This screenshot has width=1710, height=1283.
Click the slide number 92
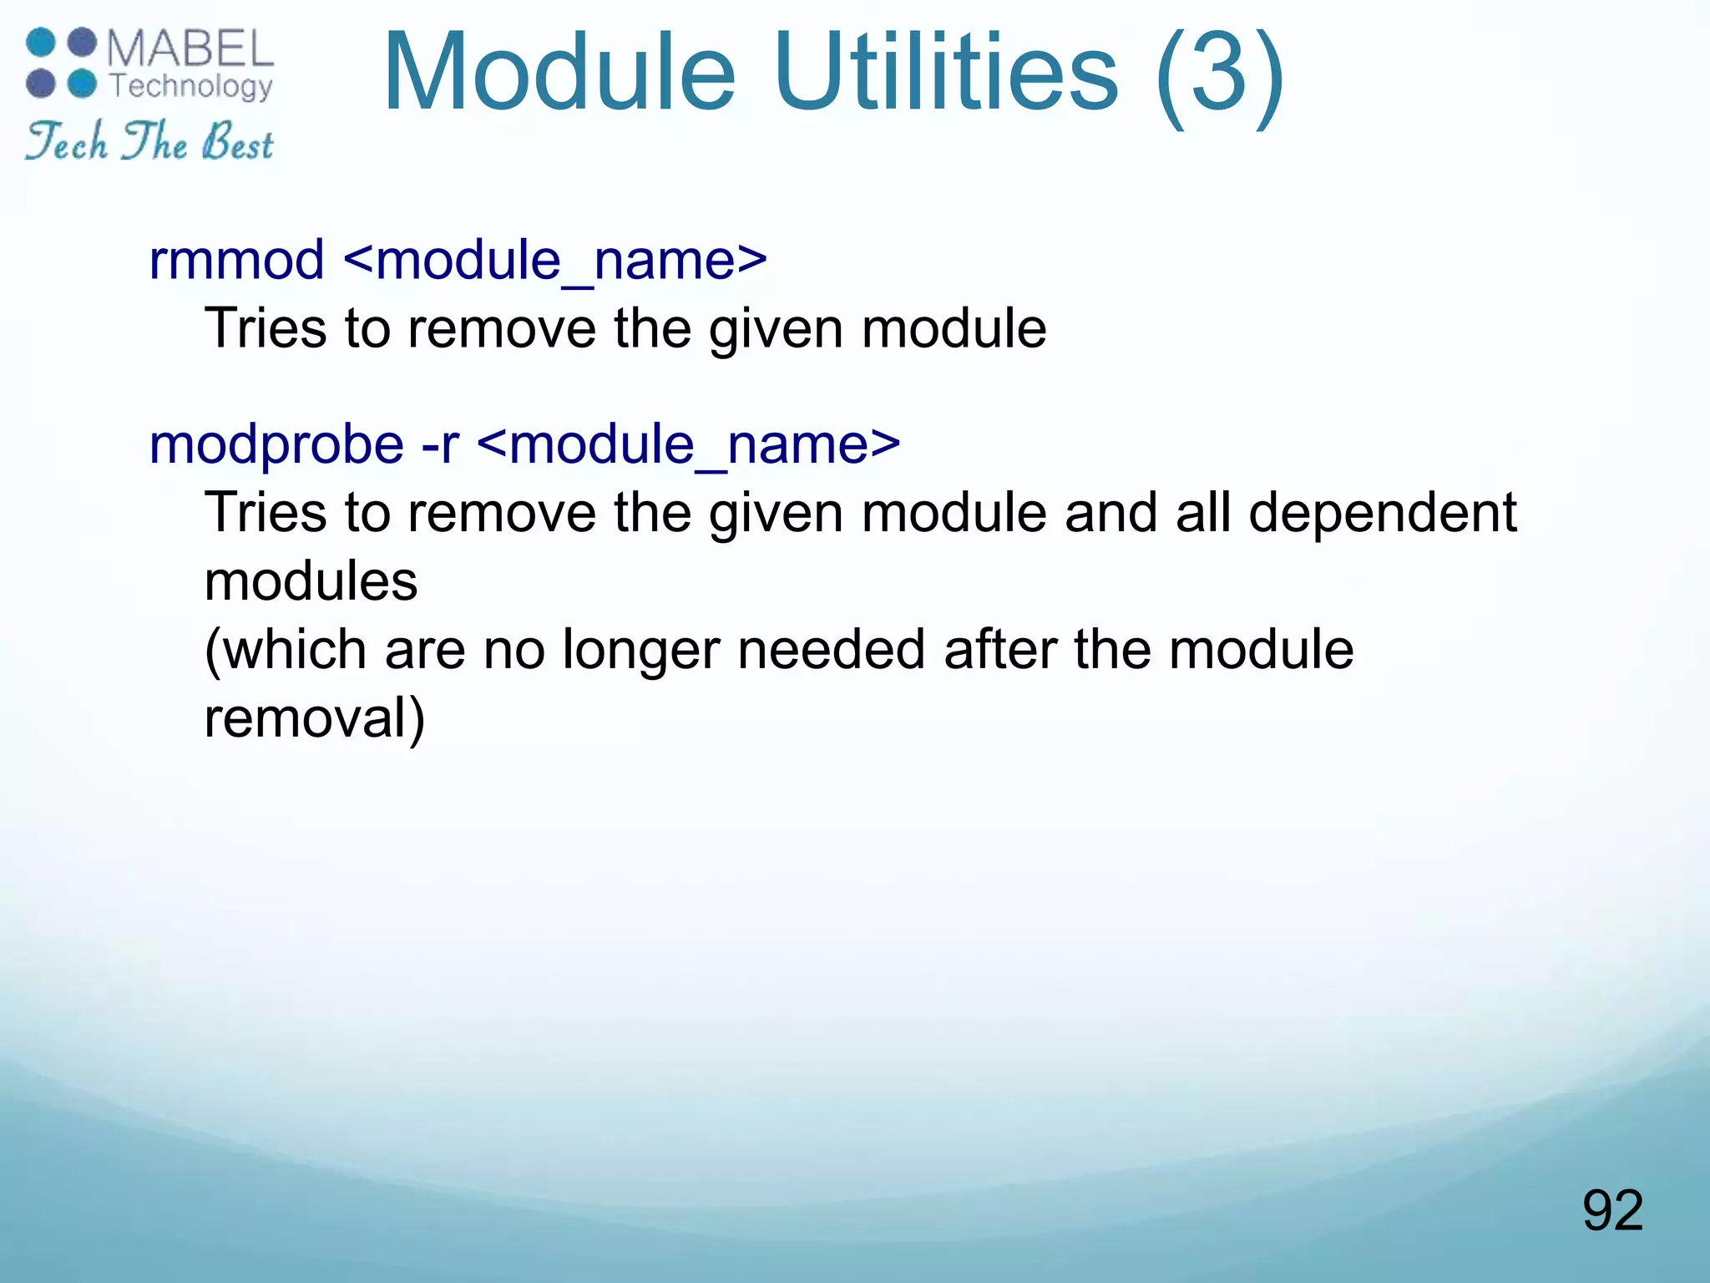[1612, 1210]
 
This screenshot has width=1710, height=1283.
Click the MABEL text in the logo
[190, 49]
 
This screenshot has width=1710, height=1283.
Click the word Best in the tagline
[237, 142]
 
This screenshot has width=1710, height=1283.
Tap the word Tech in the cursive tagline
[67, 142]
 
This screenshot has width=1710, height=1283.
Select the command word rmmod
[236, 260]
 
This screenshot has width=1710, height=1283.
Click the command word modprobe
[276, 444]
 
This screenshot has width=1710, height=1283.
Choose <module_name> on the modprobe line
[689, 444]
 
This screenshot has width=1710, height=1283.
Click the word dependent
[1383, 512]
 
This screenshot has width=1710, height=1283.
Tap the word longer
[640, 650]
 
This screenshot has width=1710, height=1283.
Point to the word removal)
[315, 718]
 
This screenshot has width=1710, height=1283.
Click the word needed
[832, 649]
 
